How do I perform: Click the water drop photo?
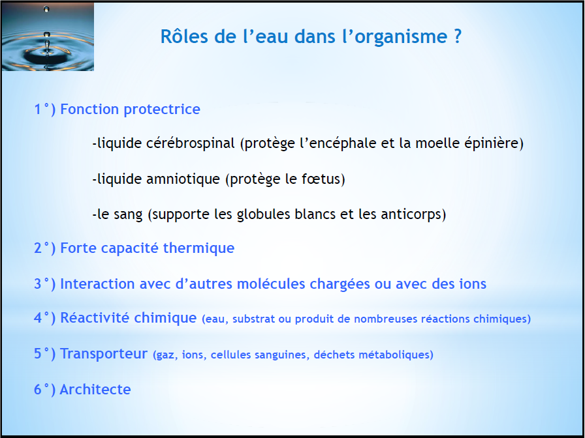[x=48, y=36]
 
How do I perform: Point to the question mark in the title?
[x=458, y=36]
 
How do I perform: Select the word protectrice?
[x=162, y=109]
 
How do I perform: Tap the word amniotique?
[x=183, y=179]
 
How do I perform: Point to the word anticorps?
[x=411, y=214]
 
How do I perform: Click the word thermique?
[x=199, y=248]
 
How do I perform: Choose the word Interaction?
[x=97, y=284]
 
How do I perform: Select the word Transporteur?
[x=104, y=354]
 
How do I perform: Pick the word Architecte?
[x=95, y=390]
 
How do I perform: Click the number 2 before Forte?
[x=38, y=248]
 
